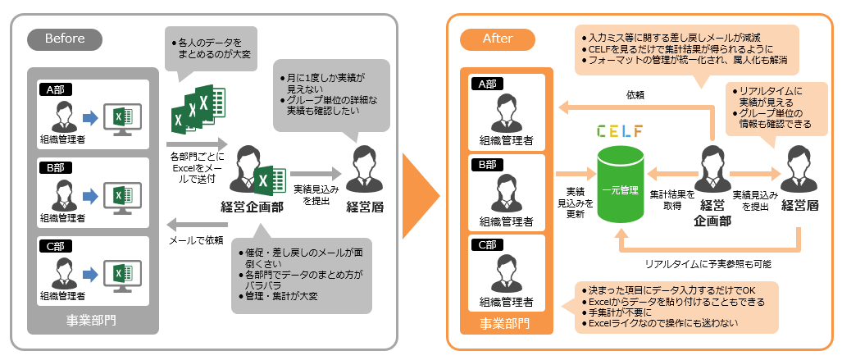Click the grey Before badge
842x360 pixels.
point(65,39)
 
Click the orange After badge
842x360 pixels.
point(498,39)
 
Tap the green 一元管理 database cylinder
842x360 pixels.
point(620,185)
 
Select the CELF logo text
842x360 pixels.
point(621,130)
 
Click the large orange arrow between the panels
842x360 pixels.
point(421,178)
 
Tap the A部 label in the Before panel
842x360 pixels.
point(57,89)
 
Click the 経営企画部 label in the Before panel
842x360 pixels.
point(253,207)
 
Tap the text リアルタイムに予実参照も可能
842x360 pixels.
point(708,264)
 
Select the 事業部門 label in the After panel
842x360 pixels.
point(505,323)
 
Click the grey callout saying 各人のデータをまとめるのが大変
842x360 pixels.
point(210,48)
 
